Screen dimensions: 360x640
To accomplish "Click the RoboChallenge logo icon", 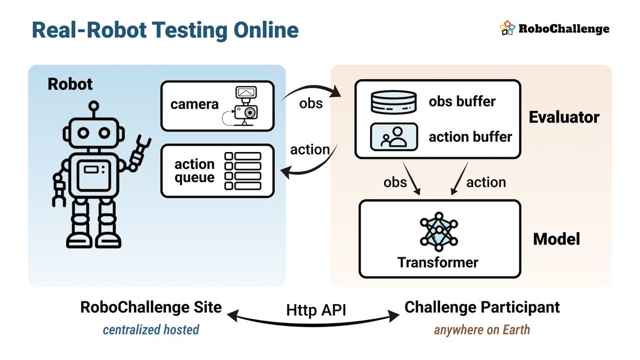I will [x=507, y=28].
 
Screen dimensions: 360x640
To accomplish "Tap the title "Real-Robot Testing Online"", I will [x=165, y=30].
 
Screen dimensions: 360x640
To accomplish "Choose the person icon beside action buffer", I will [x=393, y=137].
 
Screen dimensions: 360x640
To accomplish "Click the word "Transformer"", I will [x=438, y=262].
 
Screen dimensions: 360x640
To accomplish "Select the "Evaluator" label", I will [x=564, y=117].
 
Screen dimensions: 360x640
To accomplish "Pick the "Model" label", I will [x=556, y=238].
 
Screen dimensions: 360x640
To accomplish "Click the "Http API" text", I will [x=316, y=309].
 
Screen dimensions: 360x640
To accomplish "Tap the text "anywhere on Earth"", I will [x=482, y=329].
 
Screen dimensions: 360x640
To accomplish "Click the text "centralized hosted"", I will [x=151, y=329].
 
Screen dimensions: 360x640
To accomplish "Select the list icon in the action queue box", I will [x=243, y=171].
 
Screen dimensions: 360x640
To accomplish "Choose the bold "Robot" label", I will [x=70, y=84].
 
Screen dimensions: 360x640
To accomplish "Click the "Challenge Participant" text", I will [x=482, y=307].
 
